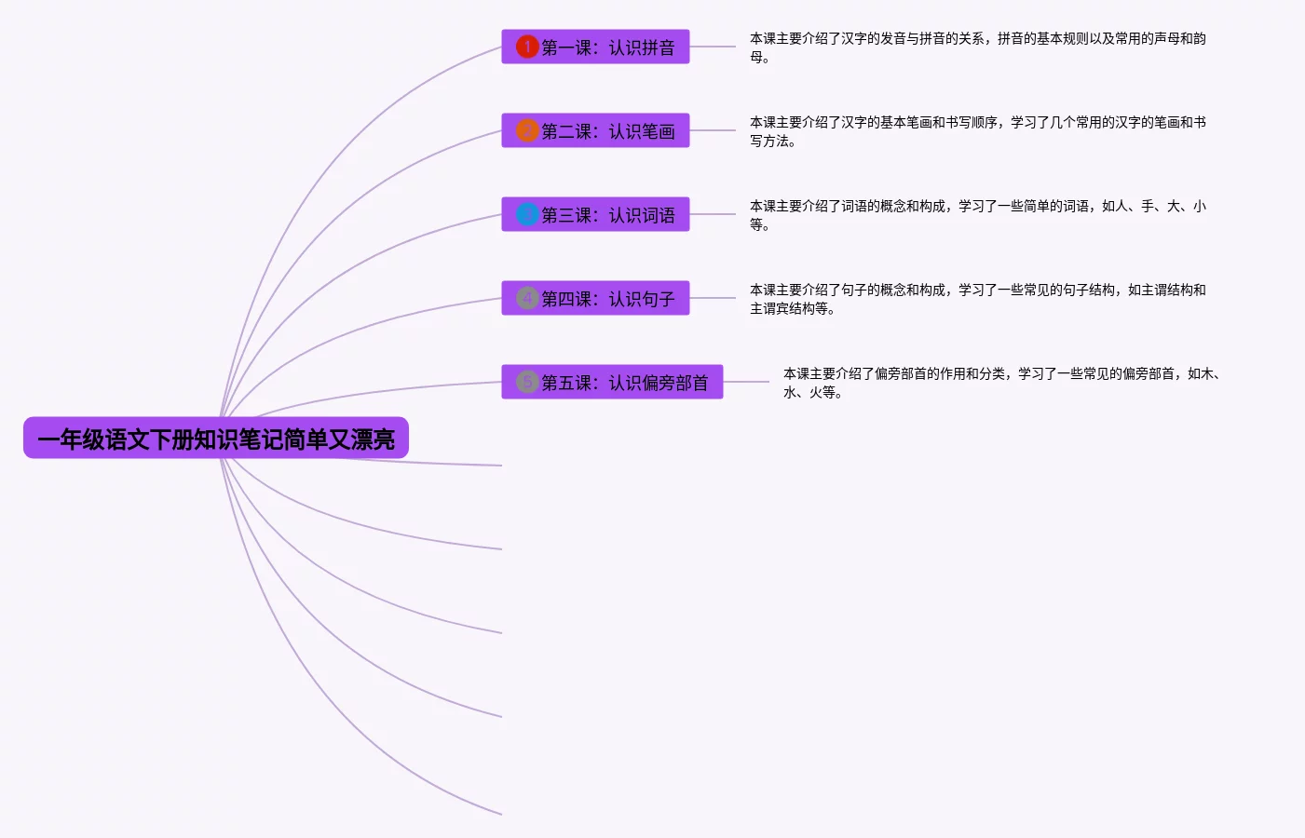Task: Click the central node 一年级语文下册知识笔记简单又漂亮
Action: [x=216, y=438]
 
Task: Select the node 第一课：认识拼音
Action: [x=595, y=47]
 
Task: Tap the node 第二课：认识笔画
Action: [x=595, y=130]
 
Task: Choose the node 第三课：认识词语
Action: [x=595, y=214]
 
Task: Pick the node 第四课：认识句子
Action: [x=595, y=298]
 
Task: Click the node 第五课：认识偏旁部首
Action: [x=612, y=382]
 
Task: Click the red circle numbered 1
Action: [x=527, y=47]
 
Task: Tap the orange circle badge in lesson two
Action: [x=527, y=130]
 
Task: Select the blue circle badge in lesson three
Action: [x=527, y=214]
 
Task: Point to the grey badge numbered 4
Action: [x=527, y=298]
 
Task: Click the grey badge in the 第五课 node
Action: [x=527, y=382]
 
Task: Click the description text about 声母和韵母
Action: [x=977, y=47]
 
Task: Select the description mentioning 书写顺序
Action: [x=977, y=131]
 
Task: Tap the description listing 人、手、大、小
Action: [x=977, y=215]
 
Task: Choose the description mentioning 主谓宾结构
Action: [x=977, y=299]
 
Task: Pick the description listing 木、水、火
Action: [x=1002, y=384]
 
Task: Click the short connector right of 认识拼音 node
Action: [x=713, y=47]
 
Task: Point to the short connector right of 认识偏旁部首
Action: [x=746, y=382]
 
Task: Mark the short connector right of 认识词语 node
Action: [x=713, y=214]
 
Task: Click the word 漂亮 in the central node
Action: [x=373, y=439]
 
